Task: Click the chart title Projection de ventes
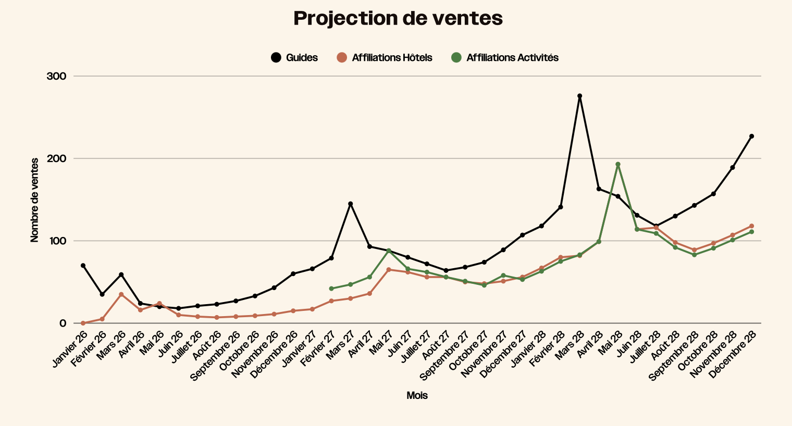point(398,19)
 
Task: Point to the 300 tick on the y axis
point(57,76)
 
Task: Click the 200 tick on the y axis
point(57,158)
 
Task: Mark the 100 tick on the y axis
point(57,241)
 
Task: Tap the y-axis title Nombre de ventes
point(35,200)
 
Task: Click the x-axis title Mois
point(417,395)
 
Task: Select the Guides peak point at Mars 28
point(579,96)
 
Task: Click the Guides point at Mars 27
point(351,204)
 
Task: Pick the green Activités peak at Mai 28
point(618,165)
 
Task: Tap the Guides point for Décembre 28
point(751,136)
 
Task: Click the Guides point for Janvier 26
point(83,266)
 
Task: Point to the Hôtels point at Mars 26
point(121,294)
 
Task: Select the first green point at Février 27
point(331,289)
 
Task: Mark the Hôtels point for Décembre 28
point(751,226)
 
